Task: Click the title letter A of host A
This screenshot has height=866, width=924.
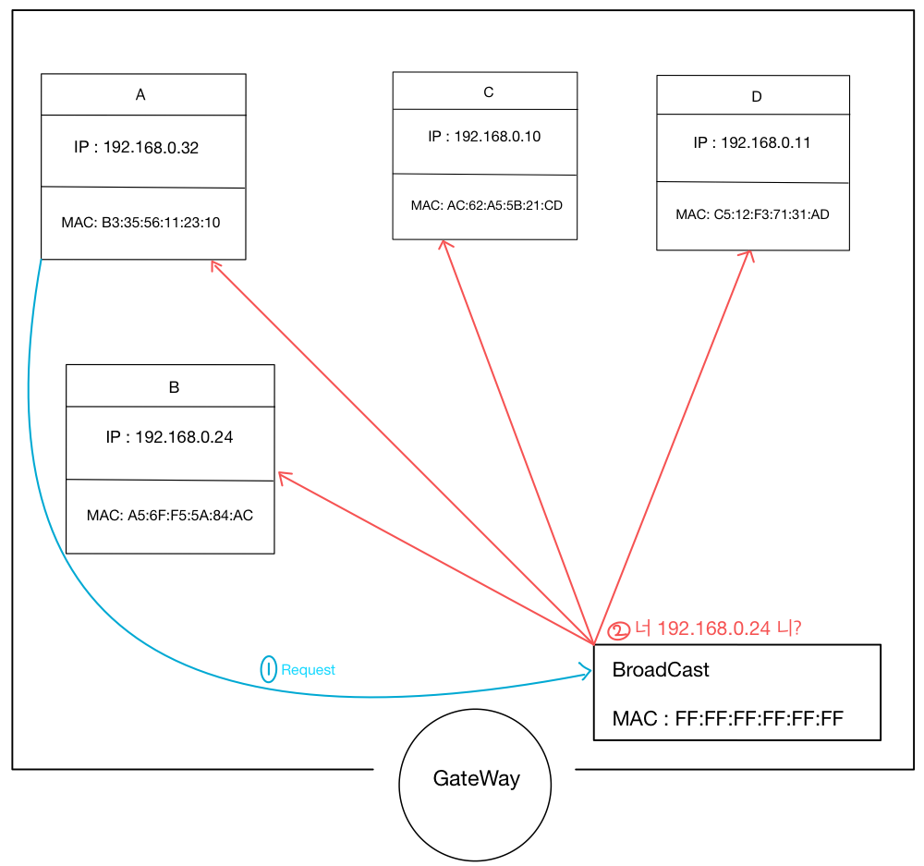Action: (140, 94)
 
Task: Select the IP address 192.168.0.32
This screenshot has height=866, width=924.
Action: (137, 148)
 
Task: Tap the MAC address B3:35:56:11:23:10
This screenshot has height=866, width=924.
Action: (140, 223)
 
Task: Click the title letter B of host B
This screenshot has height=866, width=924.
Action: (174, 387)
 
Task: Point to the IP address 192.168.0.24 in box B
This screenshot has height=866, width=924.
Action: (169, 437)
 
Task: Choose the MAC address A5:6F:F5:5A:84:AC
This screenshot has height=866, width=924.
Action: (169, 516)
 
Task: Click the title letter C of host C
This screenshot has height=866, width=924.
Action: (489, 91)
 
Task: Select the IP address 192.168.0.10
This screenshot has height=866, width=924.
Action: (484, 137)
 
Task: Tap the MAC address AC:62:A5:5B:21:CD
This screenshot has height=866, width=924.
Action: (487, 205)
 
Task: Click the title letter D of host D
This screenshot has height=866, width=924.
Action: (757, 96)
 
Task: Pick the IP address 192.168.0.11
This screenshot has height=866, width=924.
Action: (752, 143)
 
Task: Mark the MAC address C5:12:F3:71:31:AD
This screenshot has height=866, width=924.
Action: (752, 215)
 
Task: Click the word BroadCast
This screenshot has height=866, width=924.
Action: (661, 670)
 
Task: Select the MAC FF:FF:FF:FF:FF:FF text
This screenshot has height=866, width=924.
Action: (727, 718)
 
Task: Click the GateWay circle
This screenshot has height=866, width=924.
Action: (475, 779)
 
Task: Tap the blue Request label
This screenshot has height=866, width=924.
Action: (308, 670)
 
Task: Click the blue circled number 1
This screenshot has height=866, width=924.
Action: (268, 669)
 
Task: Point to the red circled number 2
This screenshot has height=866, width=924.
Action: (618, 631)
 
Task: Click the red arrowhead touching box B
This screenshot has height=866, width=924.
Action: (282, 476)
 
